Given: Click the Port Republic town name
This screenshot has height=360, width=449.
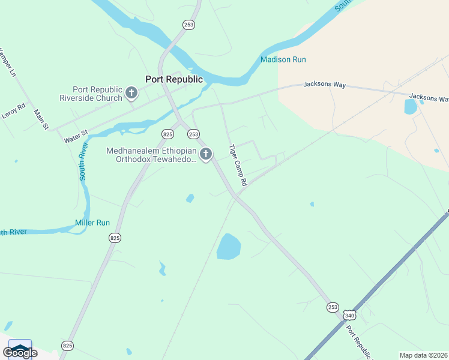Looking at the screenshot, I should (174, 79).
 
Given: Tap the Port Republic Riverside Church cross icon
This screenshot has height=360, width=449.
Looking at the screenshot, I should (132, 93).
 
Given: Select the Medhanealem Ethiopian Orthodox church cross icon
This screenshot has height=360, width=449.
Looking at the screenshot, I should (206, 155).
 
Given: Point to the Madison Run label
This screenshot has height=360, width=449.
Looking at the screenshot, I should (283, 59).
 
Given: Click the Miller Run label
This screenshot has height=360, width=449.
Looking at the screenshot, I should (92, 223).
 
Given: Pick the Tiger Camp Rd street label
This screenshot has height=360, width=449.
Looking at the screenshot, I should (238, 164).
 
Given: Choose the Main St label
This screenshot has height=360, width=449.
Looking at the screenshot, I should (40, 119).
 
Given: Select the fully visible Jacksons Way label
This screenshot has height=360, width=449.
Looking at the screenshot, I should (325, 85).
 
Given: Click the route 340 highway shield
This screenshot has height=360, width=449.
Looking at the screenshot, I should (349, 316).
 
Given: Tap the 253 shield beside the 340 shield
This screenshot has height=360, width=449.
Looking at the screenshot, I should (333, 307).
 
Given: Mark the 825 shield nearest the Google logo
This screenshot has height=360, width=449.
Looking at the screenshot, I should (67, 346).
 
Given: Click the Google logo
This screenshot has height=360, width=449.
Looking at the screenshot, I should (20, 352).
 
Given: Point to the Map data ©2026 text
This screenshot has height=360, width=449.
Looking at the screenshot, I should (423, 355).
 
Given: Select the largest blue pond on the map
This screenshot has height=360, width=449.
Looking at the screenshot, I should (228, 247).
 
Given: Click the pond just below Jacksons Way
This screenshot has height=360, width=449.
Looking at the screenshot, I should (411, 107).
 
